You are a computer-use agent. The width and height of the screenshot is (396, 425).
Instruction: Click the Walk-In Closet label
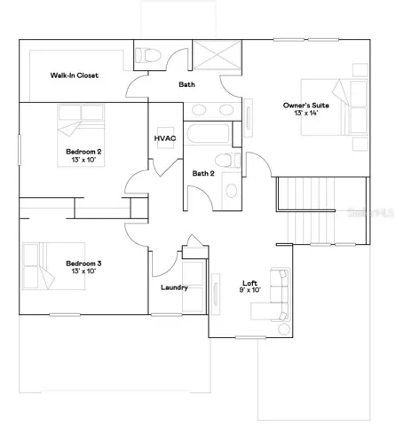coord(74,75)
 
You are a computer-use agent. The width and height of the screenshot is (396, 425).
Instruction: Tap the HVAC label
coord(165,138)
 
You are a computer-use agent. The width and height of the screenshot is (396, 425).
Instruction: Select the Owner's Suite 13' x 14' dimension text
coord(306,113)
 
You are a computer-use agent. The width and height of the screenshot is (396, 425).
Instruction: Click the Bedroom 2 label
coord(83,152)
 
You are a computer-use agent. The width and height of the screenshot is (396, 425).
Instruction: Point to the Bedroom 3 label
coord(83,264)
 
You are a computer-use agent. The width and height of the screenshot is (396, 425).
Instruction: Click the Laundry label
coord(174,287)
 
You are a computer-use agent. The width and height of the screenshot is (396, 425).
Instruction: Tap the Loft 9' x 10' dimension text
coord(250,290)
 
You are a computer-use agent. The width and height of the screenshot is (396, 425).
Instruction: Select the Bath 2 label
coord(203,173)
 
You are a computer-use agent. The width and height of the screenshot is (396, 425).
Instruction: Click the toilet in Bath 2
coord(227,161)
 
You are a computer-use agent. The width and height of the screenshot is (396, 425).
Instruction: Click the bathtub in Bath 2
coord(209,134)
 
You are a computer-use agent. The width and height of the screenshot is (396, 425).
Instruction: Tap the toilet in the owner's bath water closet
coord(147,55)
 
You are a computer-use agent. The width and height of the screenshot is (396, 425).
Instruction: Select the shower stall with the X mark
coord(217,55)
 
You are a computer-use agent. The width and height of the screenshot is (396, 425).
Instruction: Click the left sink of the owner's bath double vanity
coord(199,110)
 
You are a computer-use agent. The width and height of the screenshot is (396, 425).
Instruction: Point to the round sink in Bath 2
coord(232,191)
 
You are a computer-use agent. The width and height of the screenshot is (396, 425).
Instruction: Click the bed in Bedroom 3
coord(54,266)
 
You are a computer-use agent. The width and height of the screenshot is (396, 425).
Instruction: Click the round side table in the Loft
coord(284,329)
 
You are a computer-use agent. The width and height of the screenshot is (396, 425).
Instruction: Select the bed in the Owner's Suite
coord(335,107)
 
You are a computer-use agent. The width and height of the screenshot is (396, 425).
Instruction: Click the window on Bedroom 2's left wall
coord(20,150)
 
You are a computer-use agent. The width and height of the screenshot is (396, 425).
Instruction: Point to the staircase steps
coord(322,210)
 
